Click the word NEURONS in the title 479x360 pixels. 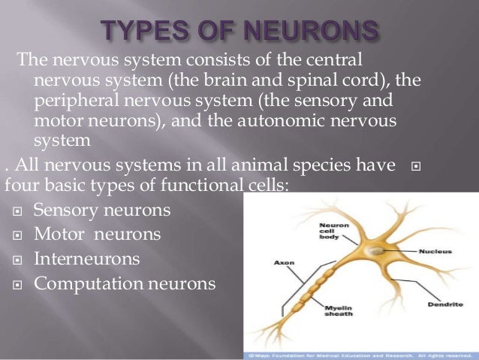pyautogui.click(x=315, y=31)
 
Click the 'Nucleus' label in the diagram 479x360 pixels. pyautogui.click(x=433, y=252)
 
